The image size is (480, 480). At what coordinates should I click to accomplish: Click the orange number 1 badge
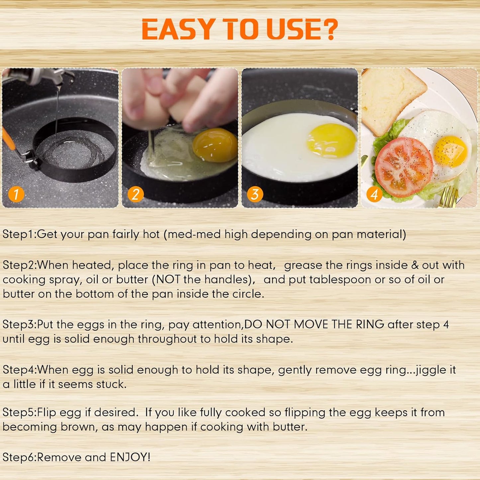click(x=16, y=194)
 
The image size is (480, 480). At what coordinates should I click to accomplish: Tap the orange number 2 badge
click(x=136, y=194)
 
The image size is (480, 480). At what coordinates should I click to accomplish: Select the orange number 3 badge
click(x=255, y=194)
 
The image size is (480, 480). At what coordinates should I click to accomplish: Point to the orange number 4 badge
click(x=374, y=194)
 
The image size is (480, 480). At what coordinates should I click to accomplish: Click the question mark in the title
click(x=330, y=29)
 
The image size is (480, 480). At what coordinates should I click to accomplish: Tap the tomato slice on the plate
click(x=404, y=167)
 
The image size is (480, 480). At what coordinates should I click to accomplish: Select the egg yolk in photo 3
click(x=332, y=141)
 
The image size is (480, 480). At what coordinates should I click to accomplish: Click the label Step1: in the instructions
click(x=19, y=234)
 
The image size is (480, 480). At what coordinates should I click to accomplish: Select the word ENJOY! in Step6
click(x=130, y=457)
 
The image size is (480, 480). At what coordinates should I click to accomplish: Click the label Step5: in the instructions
click(x=19, y=412)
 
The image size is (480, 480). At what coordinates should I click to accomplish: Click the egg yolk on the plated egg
click(x=450, y=151)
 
